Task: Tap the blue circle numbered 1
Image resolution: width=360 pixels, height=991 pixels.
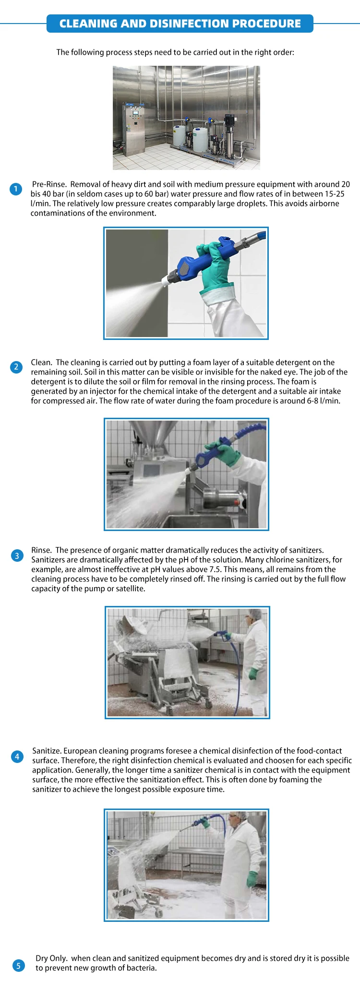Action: point(16,189)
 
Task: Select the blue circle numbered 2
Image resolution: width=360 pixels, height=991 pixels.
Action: point(16,367)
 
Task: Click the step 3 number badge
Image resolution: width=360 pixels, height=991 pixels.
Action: point(17,556)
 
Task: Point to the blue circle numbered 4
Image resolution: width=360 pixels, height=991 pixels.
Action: point(17,757)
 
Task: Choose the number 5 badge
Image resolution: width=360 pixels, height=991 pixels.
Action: point(18,965)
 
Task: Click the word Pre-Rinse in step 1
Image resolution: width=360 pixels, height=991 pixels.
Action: point(49,184)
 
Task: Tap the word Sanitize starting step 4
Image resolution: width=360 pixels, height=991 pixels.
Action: point(47,751)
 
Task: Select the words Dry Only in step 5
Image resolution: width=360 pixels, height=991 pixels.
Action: point(51,958)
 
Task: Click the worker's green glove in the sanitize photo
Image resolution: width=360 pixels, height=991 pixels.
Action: point(252,879)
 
